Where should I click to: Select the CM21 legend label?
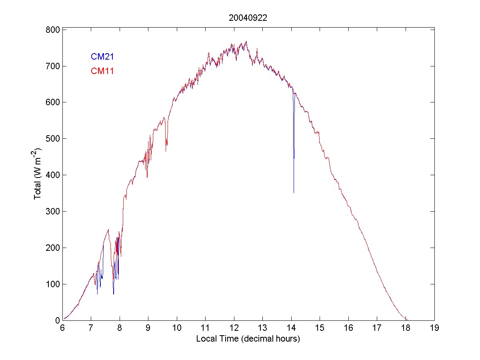tap(102, 56)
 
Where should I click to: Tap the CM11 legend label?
tap(102, 71)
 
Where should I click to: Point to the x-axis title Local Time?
tap(248, 339)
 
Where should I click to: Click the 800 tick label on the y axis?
tap(53, 30)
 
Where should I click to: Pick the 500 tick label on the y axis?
tap(53, 139)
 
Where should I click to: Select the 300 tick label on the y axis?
tap(53, 212)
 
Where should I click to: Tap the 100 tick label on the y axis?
tap(53, 284)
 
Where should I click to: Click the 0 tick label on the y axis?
tap(57, 320)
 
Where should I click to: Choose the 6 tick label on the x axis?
tap(62, 328)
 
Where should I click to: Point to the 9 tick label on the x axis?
tap(148, 328)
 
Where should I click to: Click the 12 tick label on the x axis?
tap(234, 328)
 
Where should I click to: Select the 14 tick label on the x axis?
tap(291, 328)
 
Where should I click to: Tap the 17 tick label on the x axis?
tap(377, 328)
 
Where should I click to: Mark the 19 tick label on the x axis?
tap(434, 328)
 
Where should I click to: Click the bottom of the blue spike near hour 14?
tap(294, 193)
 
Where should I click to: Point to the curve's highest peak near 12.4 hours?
tap(246, 41)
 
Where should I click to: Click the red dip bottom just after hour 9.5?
tap(166, 151)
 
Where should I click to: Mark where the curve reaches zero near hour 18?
tap(406, 320)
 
